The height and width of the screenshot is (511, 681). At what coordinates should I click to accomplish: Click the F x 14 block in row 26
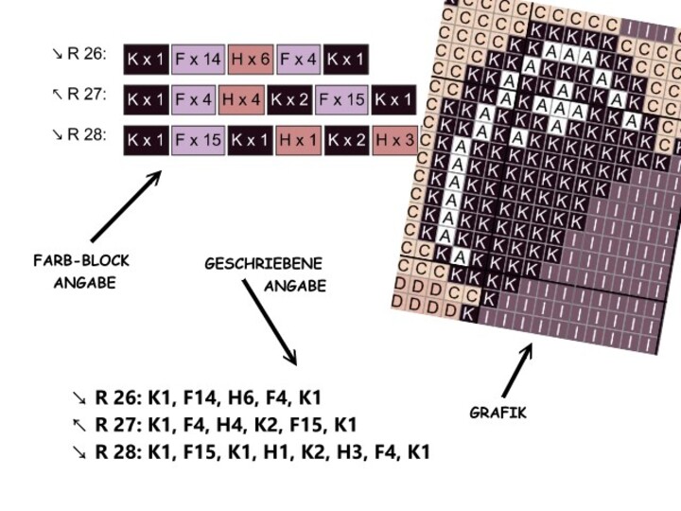point(198,60)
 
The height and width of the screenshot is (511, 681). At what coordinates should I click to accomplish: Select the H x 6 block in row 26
point(251,60)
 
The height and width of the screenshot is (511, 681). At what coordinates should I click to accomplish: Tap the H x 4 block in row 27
point(241,98)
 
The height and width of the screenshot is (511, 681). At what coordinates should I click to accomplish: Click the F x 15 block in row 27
point(341,98)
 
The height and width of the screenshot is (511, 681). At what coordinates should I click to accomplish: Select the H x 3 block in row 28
point(394,140)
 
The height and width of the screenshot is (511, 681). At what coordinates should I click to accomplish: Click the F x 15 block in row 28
point(198,140)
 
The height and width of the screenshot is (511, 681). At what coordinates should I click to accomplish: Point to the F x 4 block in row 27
point(194,98)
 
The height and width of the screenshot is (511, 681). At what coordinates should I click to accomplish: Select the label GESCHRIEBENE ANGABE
point(264,274)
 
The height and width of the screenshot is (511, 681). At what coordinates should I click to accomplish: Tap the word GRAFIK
point(498,413)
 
